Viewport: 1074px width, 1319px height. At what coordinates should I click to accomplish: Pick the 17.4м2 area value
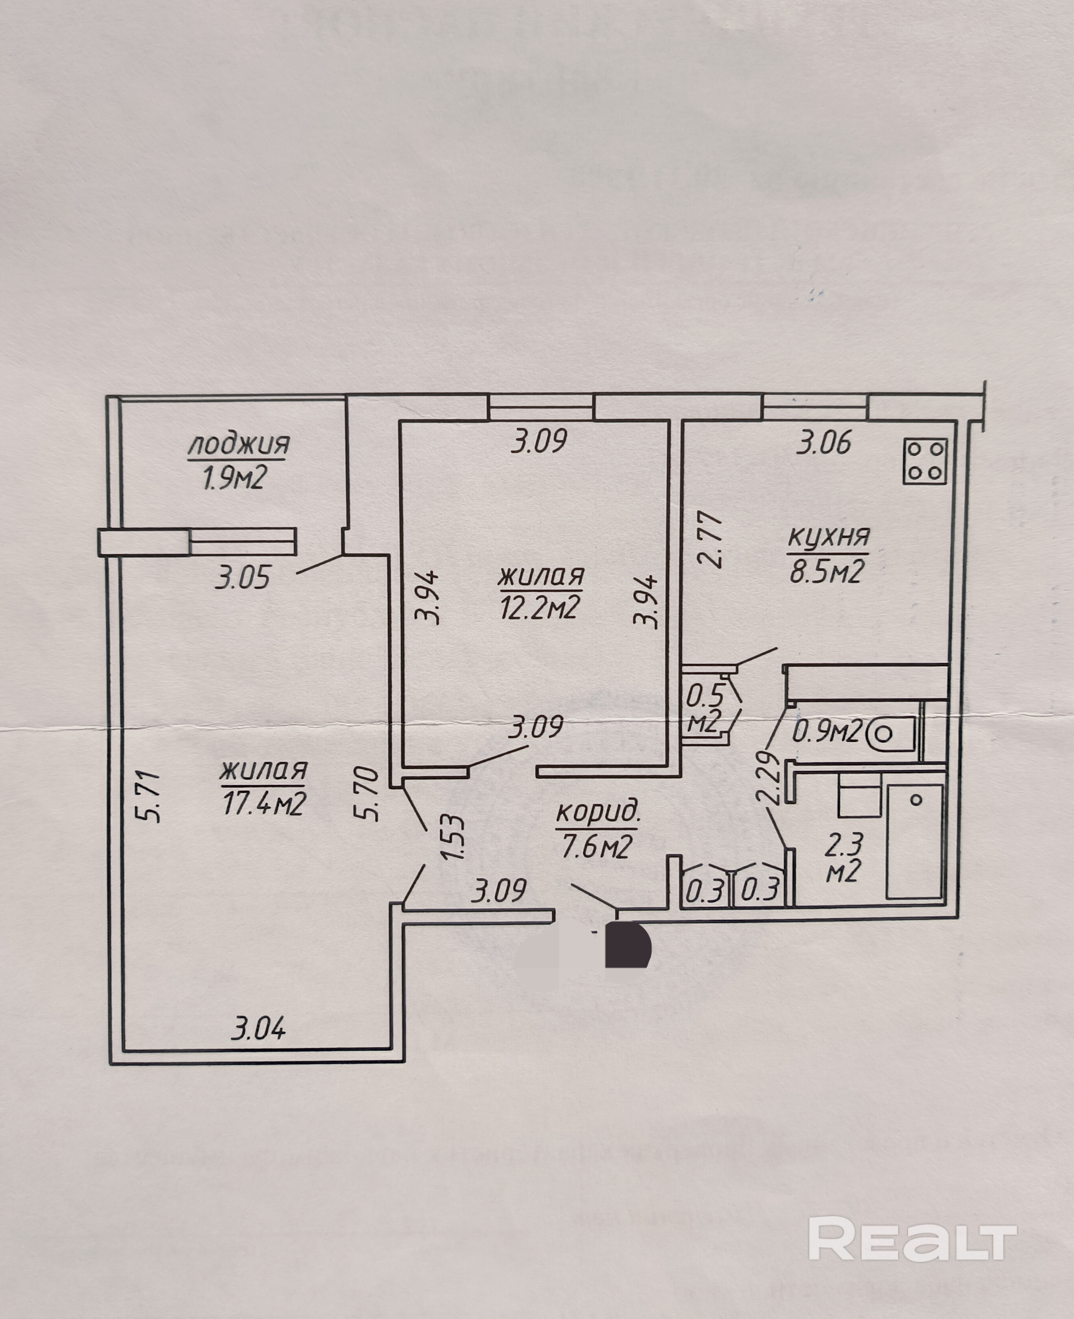click(263, 804)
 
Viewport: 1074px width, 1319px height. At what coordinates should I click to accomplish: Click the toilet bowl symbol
click(891, 735)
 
